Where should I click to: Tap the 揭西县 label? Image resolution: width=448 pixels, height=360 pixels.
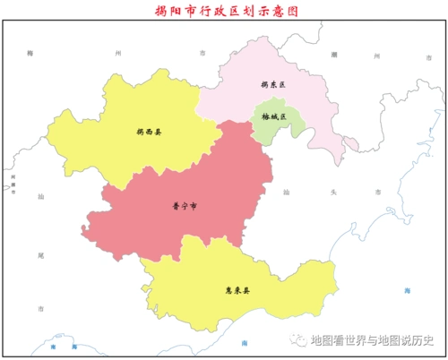click(149, 132)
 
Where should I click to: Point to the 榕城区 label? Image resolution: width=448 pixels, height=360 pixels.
click(273, 117)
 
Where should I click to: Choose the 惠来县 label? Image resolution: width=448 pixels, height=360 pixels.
click(237, 290)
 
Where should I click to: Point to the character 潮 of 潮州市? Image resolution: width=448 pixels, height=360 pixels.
click(334, 55)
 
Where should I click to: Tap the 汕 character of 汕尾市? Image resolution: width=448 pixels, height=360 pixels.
click(40, 194)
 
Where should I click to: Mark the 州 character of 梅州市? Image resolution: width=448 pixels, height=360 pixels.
click(116, 55)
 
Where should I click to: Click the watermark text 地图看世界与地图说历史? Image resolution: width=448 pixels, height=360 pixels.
click(371, 340)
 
